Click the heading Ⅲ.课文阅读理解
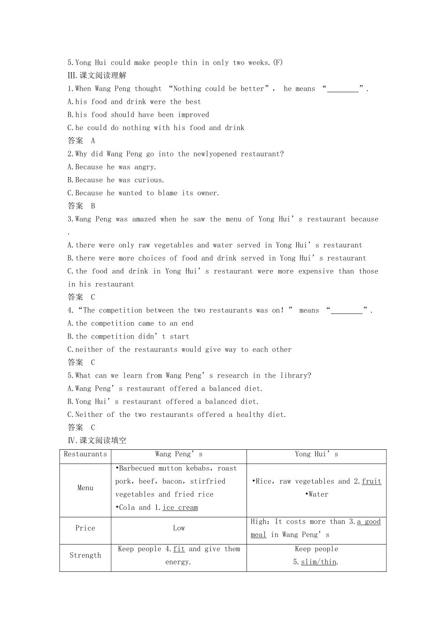click(97, 76)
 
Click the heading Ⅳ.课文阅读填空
click(97, 440)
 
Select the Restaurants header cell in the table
click(85, 454)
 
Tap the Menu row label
click(85, 488)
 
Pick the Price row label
click(85, 528)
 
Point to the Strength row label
click(85, 555)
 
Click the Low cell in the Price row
click(179, 528)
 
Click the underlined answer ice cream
click(180, 508)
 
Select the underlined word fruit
click(371, 481)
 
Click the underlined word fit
click(179, 549)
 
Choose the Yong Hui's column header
click(316, 454)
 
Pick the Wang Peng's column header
click(179, 454)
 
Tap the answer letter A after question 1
click(93, 141)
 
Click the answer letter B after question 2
click(93, 206)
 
